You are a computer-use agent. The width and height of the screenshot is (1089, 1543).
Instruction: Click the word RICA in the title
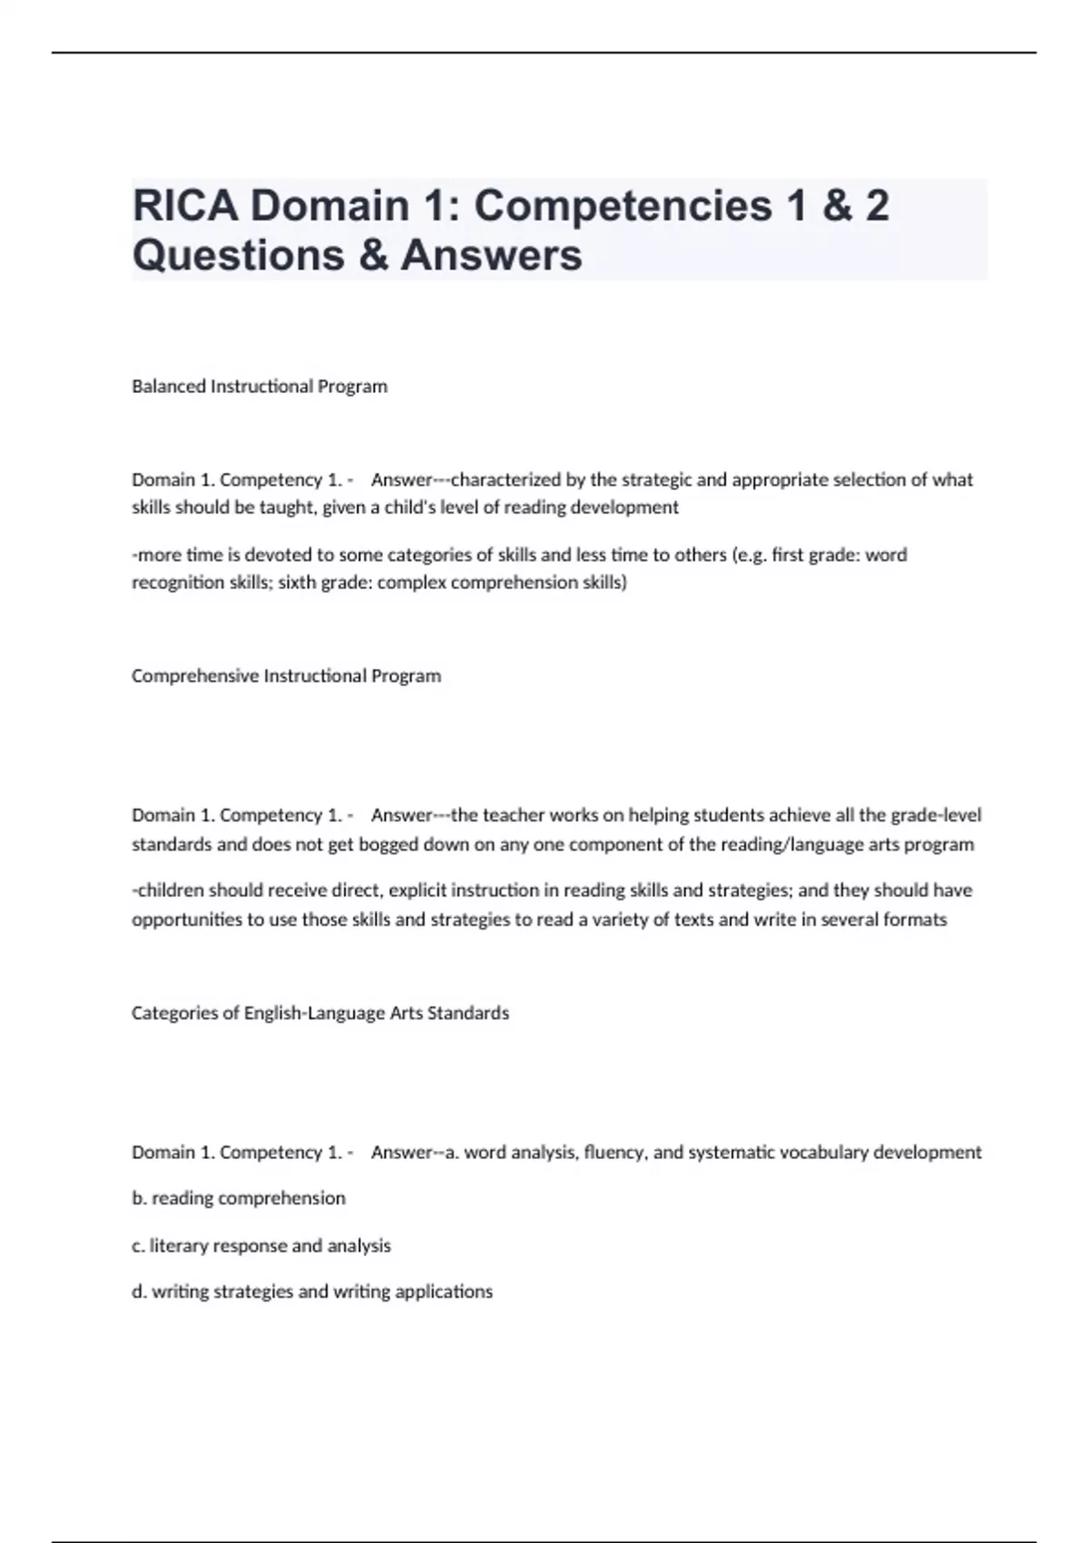coord(186,206)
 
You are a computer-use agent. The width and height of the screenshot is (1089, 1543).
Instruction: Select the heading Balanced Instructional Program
coord(260,387)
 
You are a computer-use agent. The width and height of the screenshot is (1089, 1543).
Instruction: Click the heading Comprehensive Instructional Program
coord(286,676)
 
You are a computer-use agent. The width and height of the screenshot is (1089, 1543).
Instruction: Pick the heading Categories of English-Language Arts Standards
coord(320,1013)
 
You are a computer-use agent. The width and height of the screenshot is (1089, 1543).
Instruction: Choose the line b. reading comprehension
coord(239,1198)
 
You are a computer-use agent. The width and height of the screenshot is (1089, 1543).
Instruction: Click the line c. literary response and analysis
coord(261,1245)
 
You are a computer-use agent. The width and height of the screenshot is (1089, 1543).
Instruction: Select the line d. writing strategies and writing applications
coord(312,1292)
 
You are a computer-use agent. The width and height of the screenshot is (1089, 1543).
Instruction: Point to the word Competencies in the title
coord(623,206)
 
